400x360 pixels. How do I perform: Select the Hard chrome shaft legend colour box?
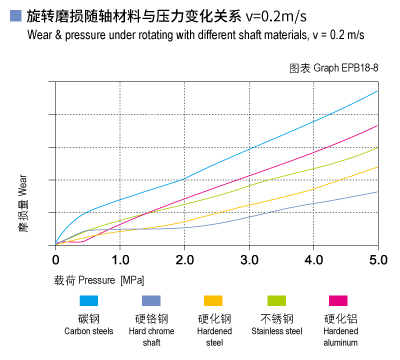[151, 300]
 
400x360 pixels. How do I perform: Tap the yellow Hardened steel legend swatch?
[213, 300]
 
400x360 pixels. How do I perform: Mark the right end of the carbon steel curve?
[378, 91]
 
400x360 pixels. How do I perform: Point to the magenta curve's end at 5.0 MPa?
[378, 125]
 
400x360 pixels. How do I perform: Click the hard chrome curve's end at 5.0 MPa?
[378, 191]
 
